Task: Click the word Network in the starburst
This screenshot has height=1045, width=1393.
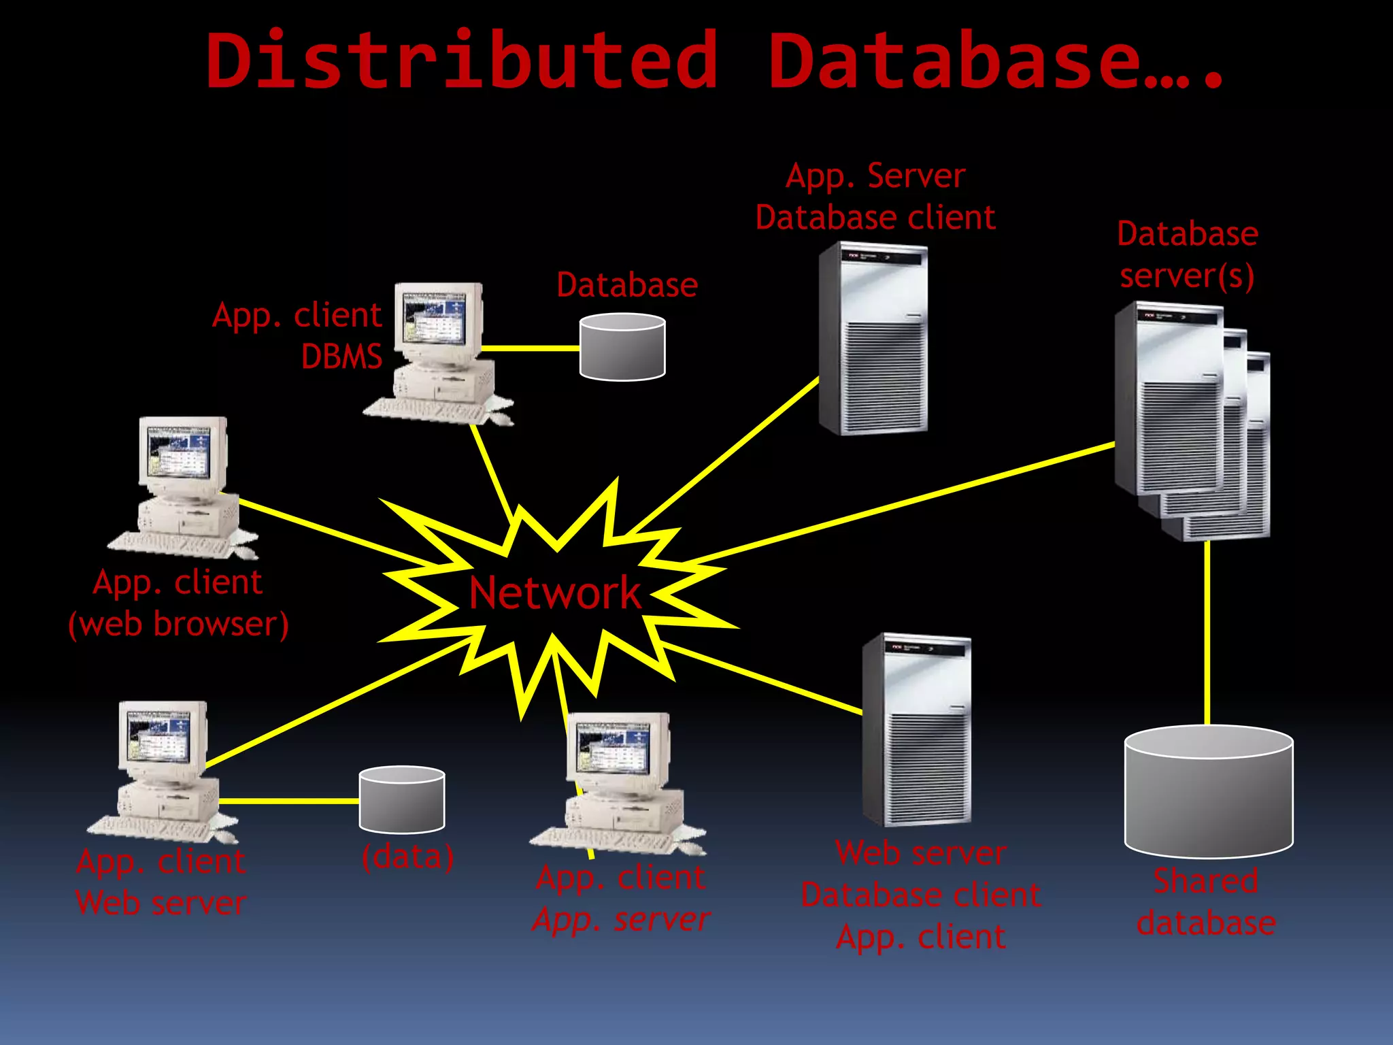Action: pos(554,593)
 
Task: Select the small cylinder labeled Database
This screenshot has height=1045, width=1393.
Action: pos(622,347)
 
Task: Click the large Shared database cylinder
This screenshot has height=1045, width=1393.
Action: pos(1208,793)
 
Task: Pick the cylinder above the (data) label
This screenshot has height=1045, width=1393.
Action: pos(401,800)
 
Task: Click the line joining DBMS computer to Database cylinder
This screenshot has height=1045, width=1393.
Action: pos(531,348)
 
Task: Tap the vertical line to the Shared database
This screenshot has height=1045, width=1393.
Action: pos(1207,633)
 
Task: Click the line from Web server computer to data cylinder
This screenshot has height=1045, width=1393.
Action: pos(289,801)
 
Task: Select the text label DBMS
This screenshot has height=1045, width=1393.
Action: pos(341,356)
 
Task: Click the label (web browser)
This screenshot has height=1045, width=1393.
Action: pos(178,624)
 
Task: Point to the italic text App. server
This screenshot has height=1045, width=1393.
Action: pos(620,920)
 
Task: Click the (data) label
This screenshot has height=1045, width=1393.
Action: pos(407,857)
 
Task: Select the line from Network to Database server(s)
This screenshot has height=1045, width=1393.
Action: pos(898,503)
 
